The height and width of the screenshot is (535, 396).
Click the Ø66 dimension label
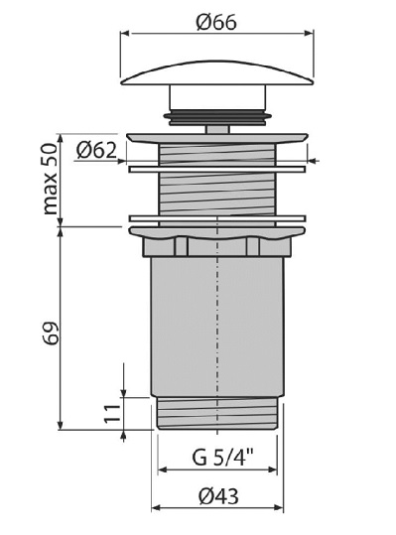coord(216,22)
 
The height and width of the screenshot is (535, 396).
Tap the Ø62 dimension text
coord(96,150)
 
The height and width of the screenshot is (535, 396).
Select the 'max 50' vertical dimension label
coord(51,179)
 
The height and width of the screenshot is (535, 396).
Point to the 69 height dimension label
coord(51,333)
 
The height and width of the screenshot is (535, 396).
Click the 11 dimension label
coord(112,414)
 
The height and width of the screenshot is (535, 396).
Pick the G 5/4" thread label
coord(223,457)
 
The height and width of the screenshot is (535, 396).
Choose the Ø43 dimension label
coord(218,495)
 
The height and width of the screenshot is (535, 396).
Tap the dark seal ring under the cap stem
coord(217,116)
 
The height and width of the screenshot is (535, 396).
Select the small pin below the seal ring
coord(217,129)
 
